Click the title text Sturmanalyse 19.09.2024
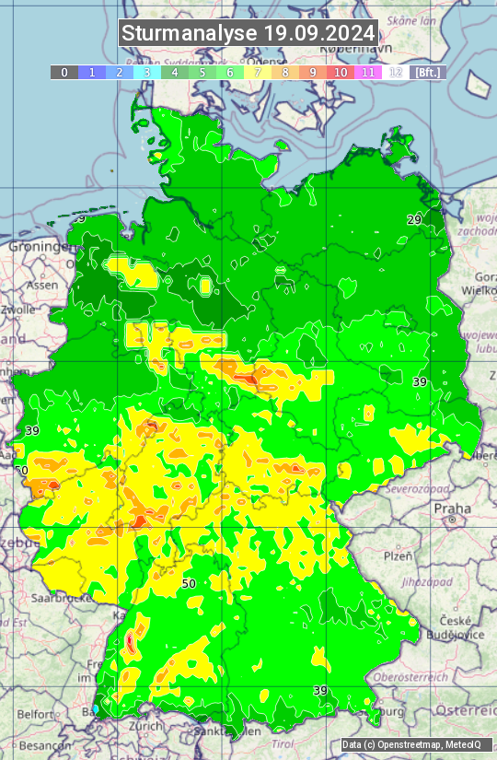click(248, 33)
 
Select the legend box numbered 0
click(64, 72)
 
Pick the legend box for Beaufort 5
click(202, 72)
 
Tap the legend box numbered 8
click(285, 72)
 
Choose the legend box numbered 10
click(341, 72)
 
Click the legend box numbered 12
click(396, 72)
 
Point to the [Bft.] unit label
click(427, 72)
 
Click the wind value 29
click(414, 220)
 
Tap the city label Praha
click(453, 509)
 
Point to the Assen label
click(41, 286)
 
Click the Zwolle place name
click(18, 310)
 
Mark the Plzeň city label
click(398, 556)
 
